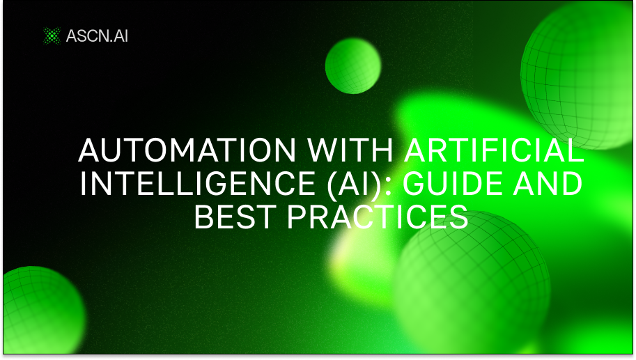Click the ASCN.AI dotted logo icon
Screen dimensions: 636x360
point(52,36)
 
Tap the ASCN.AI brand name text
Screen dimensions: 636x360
point(97,36)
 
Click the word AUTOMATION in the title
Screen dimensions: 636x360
point(187,150)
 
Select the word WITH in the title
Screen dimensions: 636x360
point(350,150)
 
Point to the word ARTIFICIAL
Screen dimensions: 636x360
point(494,150)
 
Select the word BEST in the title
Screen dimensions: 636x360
point(235,217)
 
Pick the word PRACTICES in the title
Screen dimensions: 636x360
point(378,217)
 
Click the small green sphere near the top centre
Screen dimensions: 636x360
point(353,66)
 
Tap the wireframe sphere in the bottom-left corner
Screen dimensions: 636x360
point(43,310)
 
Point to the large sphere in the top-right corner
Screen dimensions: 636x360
point(578,75)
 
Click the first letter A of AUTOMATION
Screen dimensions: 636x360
point(90,150)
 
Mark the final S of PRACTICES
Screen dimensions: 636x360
point(459,217)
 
